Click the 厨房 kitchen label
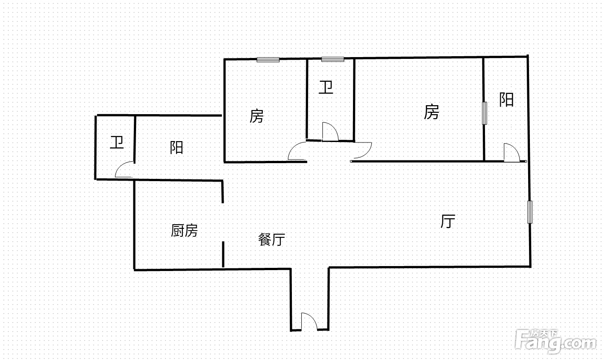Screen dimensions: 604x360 click(185, 231)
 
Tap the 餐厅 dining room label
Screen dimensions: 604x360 click(272, 240)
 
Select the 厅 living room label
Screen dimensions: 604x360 click(448, 221)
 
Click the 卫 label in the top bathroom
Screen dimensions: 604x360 click(326, 87)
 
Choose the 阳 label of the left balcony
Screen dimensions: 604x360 click(176, 147)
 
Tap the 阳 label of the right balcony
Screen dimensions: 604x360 click(507, 100)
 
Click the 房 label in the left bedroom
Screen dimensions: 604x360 click(256, 116)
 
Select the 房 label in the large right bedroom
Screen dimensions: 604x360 click(432, 112)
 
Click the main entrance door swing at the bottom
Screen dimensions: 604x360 click(309, 321)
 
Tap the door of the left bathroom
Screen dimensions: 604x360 click(124, 169)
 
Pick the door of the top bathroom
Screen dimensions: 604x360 click(331, 131)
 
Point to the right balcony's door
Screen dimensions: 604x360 click(512, 152)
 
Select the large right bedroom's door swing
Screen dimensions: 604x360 click(363, 150)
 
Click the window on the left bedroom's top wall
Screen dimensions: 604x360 click(268, 60)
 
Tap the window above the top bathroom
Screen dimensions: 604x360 click(333, 59)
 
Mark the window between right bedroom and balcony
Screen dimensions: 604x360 click(485, 113)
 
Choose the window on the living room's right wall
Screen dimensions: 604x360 click(530, 212)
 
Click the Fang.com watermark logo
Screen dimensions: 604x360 click(556, 342)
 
